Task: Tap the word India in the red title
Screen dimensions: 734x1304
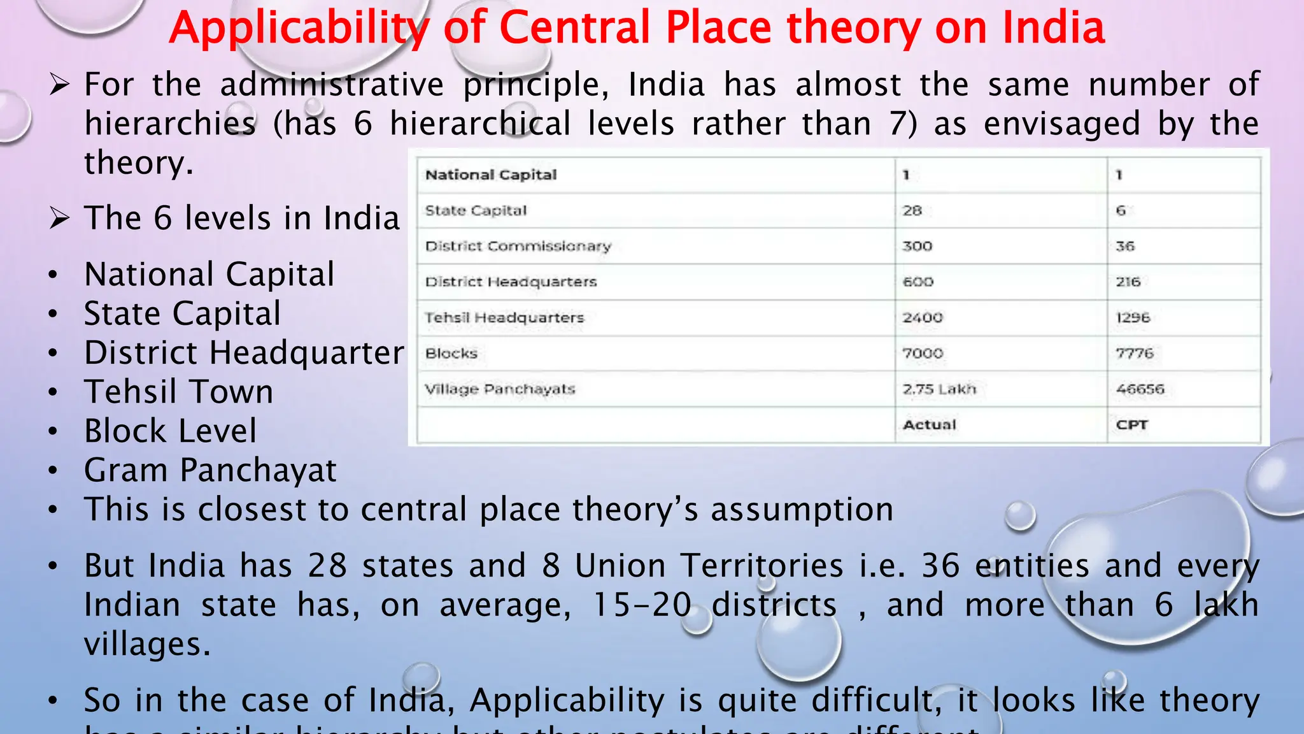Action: (1053, 28)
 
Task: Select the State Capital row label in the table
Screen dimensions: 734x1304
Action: (476, 210)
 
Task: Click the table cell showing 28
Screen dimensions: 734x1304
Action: (912, 210)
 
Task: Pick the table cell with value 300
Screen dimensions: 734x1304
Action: (917, 246)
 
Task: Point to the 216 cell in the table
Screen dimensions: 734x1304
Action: (1128, 282)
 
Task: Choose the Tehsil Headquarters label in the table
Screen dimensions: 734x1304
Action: (504, 317)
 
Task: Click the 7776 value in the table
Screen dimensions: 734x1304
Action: (1134, 353)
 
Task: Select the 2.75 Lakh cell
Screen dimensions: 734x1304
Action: (939, 389)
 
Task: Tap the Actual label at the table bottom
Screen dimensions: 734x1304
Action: (930, 424)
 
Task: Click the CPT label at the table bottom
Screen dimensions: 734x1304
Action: (1131, 424)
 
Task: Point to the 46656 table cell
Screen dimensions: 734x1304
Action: (1140, 389)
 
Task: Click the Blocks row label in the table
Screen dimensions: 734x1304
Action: (451, 353)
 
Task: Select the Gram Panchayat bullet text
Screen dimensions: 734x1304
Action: (210, 470)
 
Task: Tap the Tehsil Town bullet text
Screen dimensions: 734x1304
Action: (179, 392)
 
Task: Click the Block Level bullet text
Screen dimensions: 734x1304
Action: (171, 431)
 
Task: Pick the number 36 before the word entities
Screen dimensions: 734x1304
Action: (940, 566)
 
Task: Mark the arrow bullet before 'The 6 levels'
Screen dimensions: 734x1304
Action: (60, 218)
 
